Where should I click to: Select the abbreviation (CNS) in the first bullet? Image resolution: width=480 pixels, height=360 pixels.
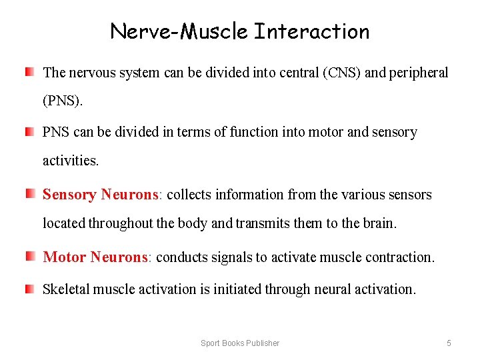point(341,72)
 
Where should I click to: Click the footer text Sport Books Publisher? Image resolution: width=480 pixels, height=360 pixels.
point(240,343)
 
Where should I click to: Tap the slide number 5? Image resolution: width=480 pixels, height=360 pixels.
point(449,343)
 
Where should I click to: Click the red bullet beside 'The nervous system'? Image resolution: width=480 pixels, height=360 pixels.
point(31,71)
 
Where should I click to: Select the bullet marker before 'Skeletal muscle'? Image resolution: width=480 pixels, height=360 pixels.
point(31,287)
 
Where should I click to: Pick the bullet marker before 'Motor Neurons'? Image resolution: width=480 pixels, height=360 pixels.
point(31,255)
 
